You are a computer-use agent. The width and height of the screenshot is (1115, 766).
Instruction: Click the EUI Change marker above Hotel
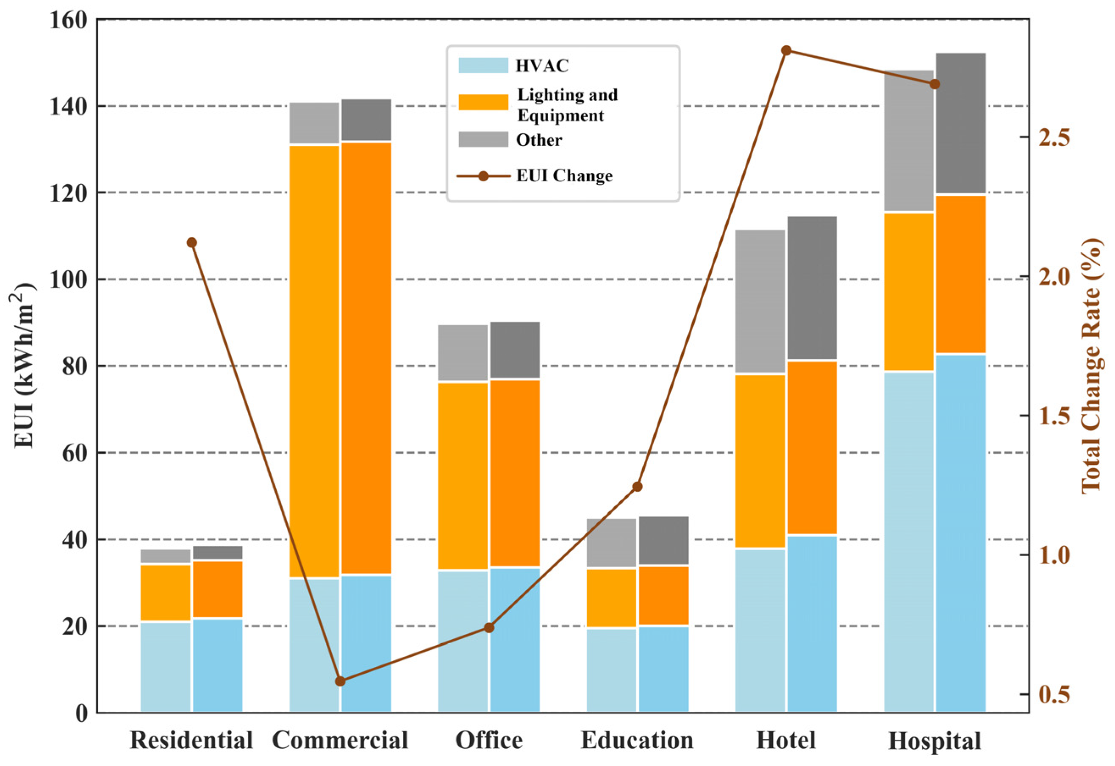coord(786,50)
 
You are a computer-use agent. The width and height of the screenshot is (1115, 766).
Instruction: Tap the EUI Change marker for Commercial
coord(340,681)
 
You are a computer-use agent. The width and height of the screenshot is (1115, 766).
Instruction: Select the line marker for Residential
coord(192,242)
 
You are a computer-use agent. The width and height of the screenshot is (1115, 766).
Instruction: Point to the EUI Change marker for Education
coord(637,487)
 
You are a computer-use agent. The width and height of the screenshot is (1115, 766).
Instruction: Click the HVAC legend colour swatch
coord(483,65)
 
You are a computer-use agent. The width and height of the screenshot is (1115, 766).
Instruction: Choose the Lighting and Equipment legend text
coord(567,105)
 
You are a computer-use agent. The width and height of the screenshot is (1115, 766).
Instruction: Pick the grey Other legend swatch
coord(483,140)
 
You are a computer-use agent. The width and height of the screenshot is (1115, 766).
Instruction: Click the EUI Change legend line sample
coord(483,176)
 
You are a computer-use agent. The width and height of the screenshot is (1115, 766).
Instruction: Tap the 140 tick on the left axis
coord(69,106)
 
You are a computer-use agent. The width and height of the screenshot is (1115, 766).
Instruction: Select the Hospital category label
coord(934,741)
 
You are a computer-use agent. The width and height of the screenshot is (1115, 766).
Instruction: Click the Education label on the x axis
coord(637,740)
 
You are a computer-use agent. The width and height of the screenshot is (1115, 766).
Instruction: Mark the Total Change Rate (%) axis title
coord(1090,365)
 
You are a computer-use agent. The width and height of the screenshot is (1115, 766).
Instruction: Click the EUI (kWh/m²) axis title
coord(24,365)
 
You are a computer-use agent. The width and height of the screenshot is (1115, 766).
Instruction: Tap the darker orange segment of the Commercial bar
coord(366,358)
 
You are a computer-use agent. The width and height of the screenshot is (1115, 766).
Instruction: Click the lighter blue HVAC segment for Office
coord(463,641)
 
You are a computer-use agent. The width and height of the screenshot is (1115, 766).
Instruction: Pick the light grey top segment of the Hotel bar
coord(760,301)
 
